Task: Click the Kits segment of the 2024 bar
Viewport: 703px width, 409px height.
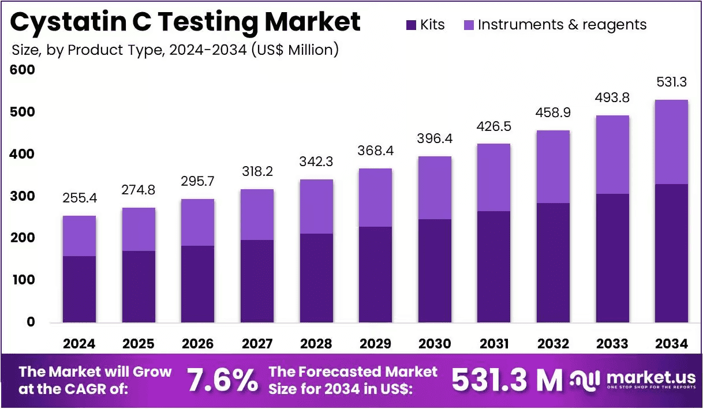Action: pos(80,289)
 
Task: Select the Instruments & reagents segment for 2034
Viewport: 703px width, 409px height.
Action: pos(671,142)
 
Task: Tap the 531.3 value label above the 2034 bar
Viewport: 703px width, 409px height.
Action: pos(672,82)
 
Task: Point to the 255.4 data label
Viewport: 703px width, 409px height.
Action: pos(80,198)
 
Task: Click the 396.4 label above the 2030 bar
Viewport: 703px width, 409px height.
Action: pos(435,138)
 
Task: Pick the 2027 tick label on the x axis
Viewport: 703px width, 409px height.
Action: pos(257,344)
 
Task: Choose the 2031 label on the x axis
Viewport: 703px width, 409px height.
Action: pos(494,344)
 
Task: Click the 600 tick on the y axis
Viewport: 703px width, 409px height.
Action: pos(23,70)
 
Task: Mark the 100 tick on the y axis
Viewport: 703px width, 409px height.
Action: pos(24,280)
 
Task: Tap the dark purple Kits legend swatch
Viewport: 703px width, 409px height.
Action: pos(411,25)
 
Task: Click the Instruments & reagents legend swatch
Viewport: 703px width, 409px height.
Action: pos(469,25)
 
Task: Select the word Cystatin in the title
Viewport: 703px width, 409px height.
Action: pos(68,22)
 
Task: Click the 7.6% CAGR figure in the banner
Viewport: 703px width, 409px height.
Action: pos(223,380)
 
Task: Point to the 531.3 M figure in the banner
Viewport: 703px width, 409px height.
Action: pos(507,380)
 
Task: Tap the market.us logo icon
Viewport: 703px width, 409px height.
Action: pos(585,380)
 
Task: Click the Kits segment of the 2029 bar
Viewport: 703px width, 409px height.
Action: pos(375,275)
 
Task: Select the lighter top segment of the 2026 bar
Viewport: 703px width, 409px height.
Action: pos(198,222)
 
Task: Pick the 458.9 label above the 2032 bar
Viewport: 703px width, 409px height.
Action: pos(553,112)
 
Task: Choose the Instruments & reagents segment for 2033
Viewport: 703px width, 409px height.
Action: pos(612,155)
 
